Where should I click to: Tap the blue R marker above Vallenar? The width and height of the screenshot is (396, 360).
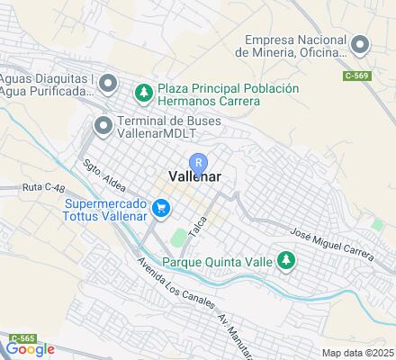[200, 162]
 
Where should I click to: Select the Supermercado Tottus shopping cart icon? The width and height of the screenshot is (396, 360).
[161, 210]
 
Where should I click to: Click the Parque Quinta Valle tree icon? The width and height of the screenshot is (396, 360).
[286, 262]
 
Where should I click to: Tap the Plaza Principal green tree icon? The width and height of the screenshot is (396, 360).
[143, 92]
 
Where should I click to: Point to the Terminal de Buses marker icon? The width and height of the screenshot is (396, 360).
[104, 126]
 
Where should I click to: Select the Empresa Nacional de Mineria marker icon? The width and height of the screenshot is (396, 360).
[361, 44]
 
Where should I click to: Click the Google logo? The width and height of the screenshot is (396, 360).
[30, 349]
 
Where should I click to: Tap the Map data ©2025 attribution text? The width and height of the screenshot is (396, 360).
[359, 353]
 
